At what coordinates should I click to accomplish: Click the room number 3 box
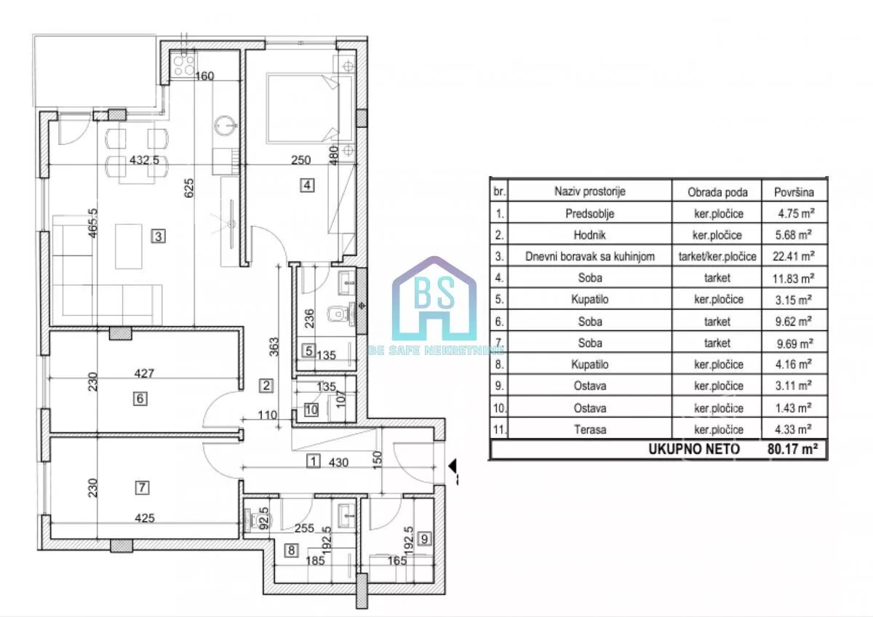[159, 236]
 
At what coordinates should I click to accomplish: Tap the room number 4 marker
[307, 185]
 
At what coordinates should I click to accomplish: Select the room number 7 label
[142, 487]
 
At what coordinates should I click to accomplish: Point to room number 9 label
[424, 538]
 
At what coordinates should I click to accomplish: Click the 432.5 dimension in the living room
[144, 160]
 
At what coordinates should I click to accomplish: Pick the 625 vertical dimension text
[188, 188]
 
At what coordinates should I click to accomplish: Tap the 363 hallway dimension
[274, 346]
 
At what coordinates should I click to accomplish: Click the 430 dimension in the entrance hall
[338, 462]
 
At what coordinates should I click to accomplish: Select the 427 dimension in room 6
[144, 373]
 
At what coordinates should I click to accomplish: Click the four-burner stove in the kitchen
[183, 64]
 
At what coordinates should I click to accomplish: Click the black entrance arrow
[452, 466]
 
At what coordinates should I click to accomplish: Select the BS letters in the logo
[434, 292]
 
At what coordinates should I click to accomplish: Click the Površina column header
[794, 192]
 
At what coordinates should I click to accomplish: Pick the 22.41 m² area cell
[794, 256]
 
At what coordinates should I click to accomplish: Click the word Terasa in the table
[590, 429]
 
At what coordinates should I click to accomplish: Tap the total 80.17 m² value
[792, 449]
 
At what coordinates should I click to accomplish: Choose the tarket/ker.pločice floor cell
[717, 256]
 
